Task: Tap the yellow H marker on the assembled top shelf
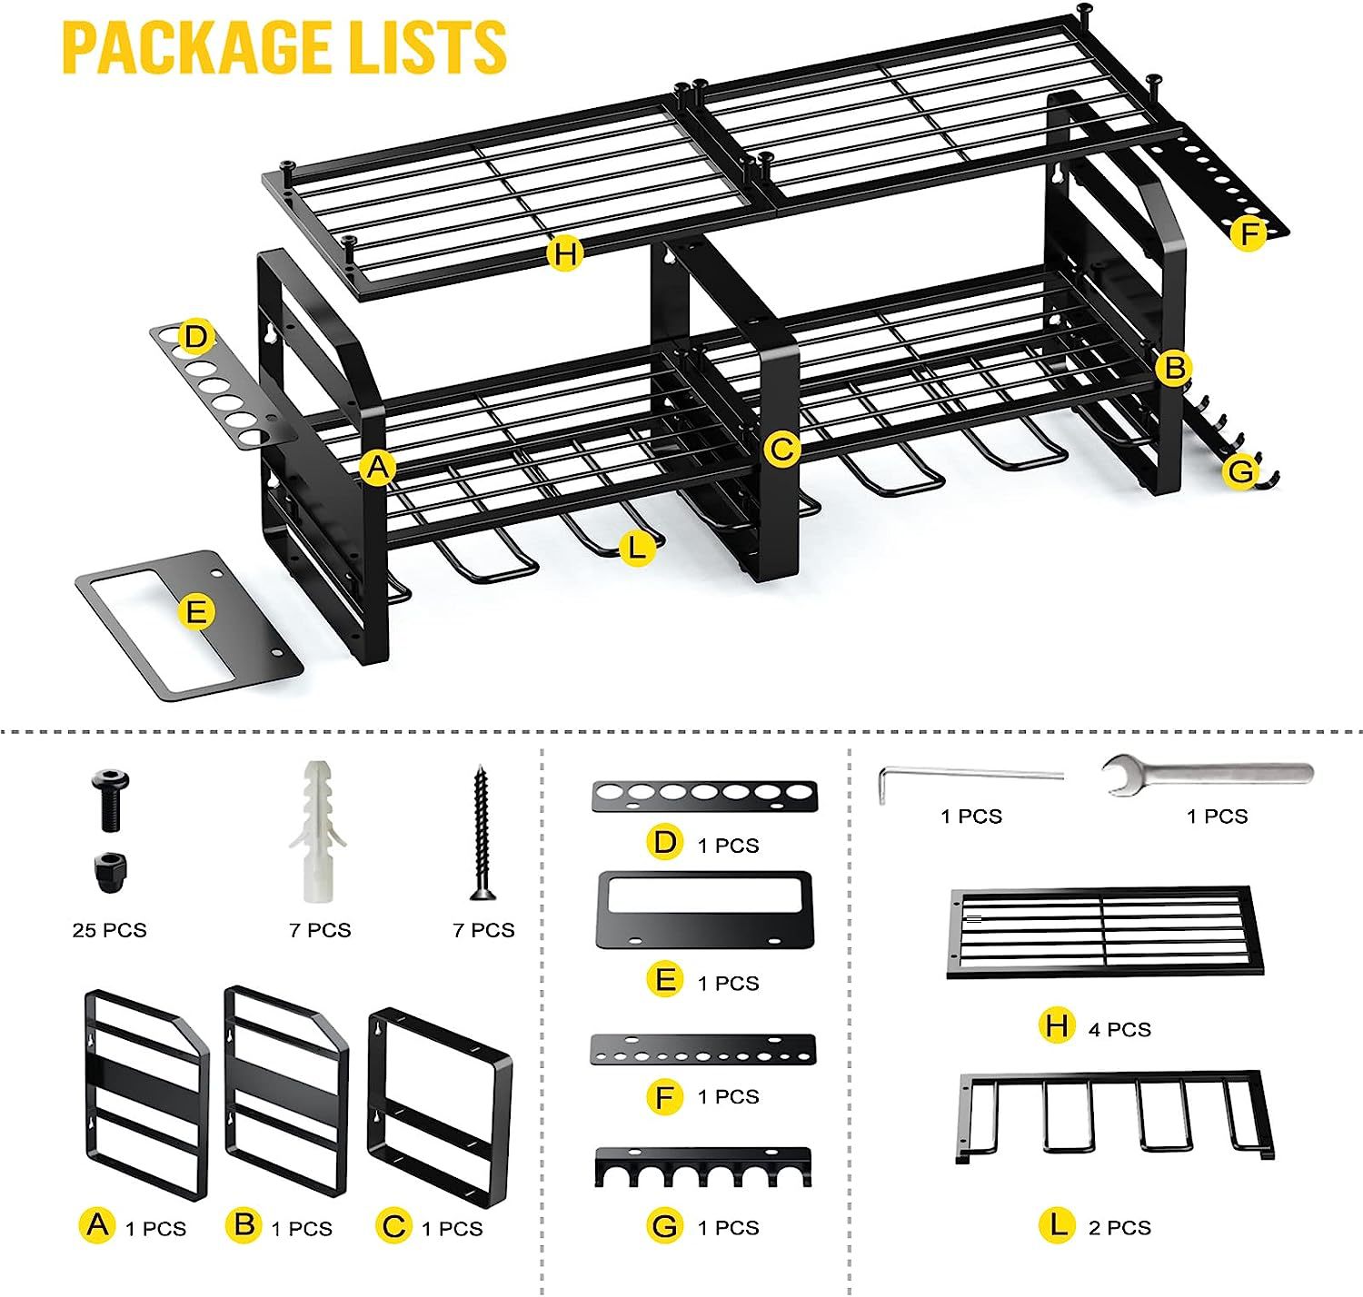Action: click(x=565, y=253)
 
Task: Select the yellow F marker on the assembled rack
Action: click(x=1249, y=234)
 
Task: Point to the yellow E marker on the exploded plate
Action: click(x=195, y=612)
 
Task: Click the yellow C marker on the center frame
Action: click(x=782, y=449)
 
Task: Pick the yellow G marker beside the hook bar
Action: click(x=1240, y=470)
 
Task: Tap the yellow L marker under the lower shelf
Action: click(x=636, y=548)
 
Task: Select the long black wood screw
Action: click(x=481, y=832)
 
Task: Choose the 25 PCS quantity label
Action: click(x=109, y=930)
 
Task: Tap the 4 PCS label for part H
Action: click(x=1119, y=1029)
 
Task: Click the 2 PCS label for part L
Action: click(x=1119, y=1228)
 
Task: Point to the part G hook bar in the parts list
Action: click(x=702, y=1167)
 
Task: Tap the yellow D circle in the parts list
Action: click(x=665, y=843)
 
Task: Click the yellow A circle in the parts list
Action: click(x=97, y=1225)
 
